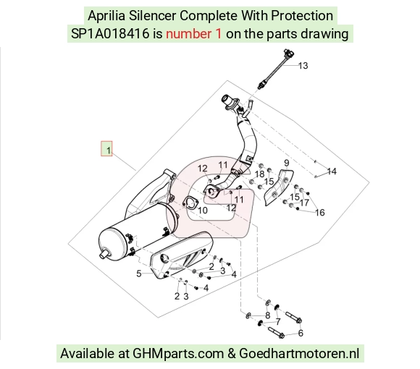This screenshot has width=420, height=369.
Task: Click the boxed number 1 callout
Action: pos(106,148)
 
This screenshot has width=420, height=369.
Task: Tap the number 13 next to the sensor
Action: pos(303,66)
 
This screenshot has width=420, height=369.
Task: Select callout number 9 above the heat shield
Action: pos(287,163)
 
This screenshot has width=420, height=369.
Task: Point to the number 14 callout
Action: pos(332,171)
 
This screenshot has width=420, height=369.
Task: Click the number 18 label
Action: pos(259,174)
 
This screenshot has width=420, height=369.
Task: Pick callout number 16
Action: pos(320,213)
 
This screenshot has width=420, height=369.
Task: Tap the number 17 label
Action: pos(305,203)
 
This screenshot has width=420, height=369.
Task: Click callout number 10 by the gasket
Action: pos(203,211)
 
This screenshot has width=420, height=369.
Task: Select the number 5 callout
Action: pos(139,273)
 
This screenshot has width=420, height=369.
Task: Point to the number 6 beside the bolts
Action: pos(301,333)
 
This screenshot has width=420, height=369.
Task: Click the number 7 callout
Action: pos(278,322)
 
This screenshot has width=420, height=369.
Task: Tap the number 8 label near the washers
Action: pos(268,315)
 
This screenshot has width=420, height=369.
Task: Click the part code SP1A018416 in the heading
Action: pos(110,34)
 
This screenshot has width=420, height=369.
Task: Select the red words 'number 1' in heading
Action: pos(193,34)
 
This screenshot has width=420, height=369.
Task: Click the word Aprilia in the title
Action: pos(106,16)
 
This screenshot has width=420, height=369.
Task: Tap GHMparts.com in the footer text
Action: pos(178,354)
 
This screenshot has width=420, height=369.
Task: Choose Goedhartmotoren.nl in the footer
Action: pos(299,353)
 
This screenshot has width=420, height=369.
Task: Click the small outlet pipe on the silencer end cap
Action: pos(104,254)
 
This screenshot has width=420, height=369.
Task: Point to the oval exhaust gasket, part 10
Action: pos(190,203)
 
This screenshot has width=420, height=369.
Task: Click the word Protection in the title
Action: pos(302,16)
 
